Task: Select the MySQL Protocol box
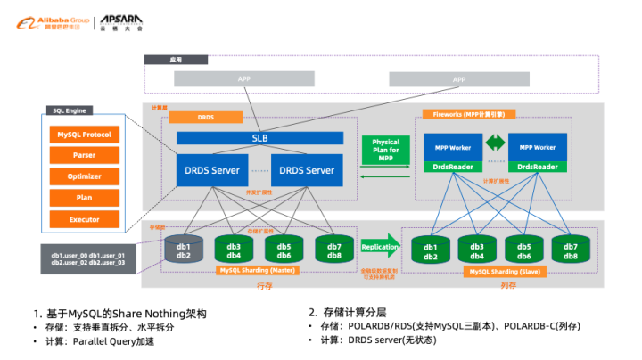[85, 135]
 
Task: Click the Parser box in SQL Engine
[85, 155]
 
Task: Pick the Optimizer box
[85, 176]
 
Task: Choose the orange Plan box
[85, 198]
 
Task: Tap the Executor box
[85, 219]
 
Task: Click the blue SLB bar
[260, 138]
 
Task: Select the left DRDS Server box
[212, 170]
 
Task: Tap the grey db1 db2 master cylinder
[184, 250]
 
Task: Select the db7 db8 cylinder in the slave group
[571, 250]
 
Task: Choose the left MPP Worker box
[453, 147]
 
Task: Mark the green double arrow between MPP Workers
[495, 142]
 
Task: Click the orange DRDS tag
[206, 117]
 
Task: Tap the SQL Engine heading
[72, 112]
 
